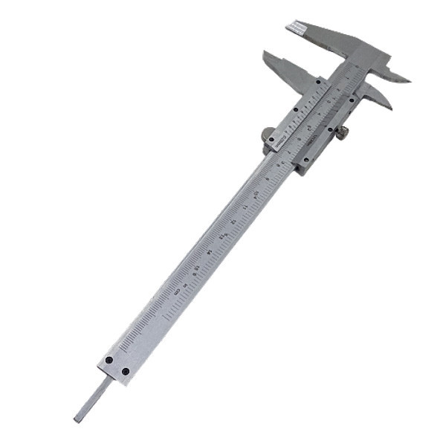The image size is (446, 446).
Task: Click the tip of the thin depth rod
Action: point(77,418)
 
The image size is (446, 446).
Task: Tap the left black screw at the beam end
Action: point(109,361)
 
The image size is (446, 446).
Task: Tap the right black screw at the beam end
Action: point(126,371)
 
